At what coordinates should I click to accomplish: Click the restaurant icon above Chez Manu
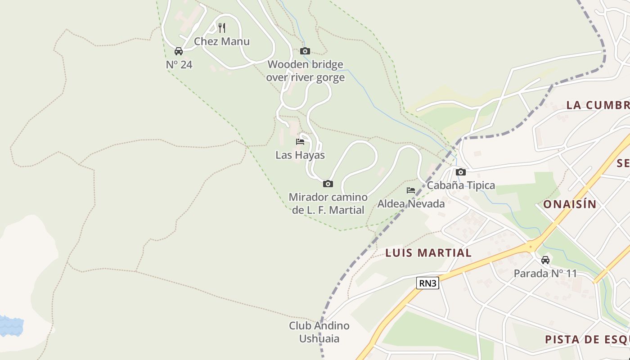click(x=221, y=28)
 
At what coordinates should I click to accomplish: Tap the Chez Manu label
click(x=221, y=41)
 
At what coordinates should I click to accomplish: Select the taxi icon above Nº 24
click(x=179, y=51)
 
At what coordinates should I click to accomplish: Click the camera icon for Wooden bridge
click(x=305, y=51)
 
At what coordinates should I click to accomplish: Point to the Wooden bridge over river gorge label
click(x=305, y=71)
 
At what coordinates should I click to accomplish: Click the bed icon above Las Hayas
click(x=300, y=142)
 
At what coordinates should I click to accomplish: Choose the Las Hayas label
click(x=300, y=155)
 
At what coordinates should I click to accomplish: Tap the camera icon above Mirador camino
click(x=328, y=184)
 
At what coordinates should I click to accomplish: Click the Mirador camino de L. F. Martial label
click(x=328, y=203)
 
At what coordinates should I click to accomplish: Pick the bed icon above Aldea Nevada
click(x=411, y=190)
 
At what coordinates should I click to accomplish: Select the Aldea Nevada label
click(x=411, y=204)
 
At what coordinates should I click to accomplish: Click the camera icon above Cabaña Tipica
click(x=461, y=172)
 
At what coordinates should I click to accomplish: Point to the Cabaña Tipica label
click(x=461, y=185)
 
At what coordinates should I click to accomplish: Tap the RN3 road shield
click(x=427, y=283)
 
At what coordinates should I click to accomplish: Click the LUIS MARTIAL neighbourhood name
click(x=428, y=253)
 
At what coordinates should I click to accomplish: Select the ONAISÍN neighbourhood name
click(x=570, y=204)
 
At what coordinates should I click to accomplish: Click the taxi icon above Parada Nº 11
click(x=545, y=260)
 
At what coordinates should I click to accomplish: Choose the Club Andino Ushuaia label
click(x=319, y=332)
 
